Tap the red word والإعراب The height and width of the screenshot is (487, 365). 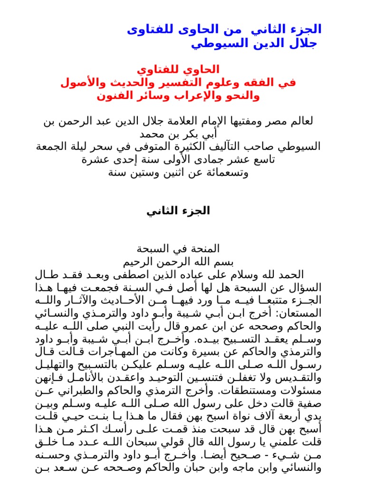point(175,96)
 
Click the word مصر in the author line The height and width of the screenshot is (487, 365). point(276,122)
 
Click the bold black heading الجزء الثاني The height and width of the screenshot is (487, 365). point(178,211)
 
